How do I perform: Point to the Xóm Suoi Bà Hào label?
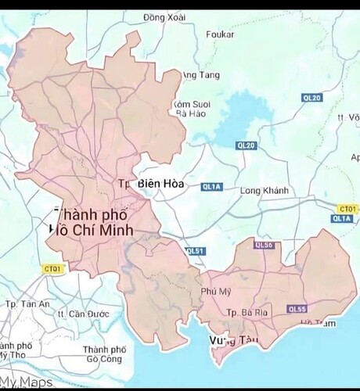(x=191, y=108)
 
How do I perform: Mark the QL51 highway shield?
(x=196, y=251)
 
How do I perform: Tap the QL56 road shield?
(x=264, y=246)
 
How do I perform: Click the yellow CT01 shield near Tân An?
(x=52, y=268)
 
